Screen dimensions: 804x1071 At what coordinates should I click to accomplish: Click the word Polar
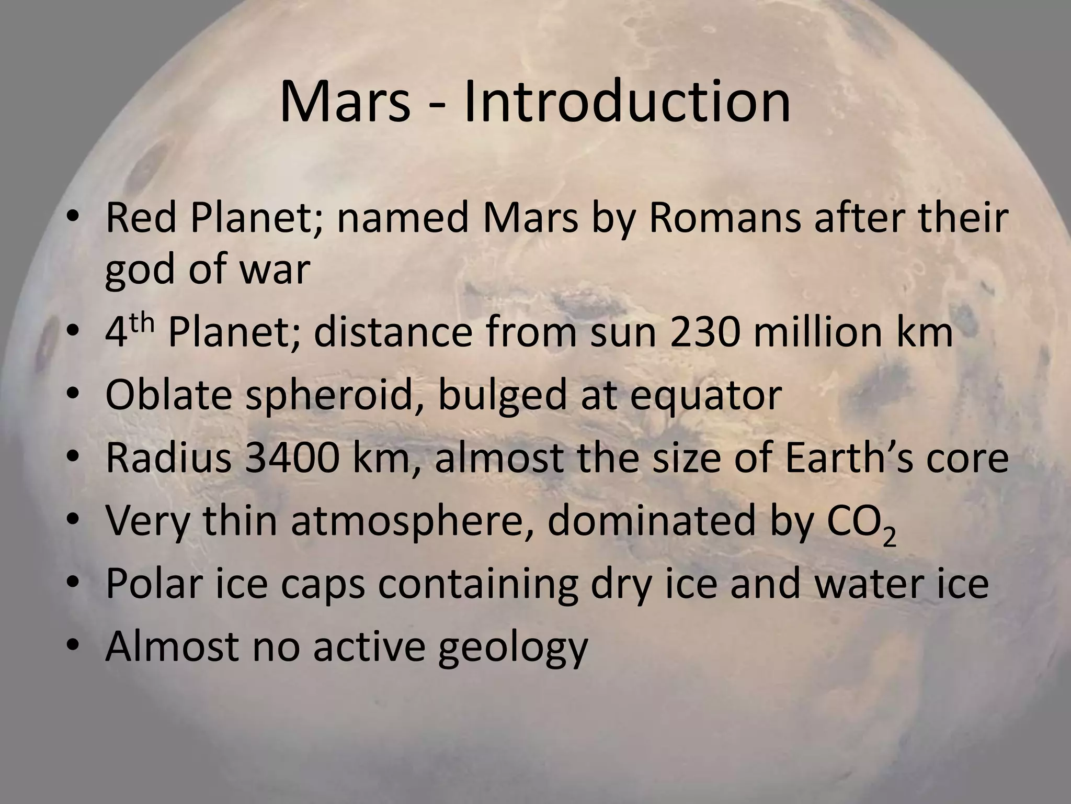154,584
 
